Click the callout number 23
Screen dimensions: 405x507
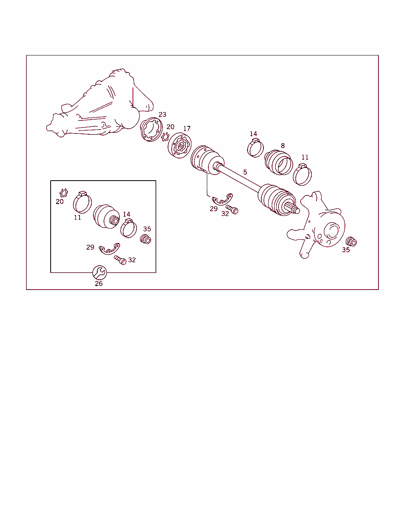tap(163, 114)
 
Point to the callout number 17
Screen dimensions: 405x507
tap(187, 129)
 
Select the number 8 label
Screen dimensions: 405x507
tap(283, 146)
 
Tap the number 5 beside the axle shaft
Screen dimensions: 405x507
tap(245, 172)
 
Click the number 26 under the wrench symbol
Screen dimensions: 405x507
tap(99, 284)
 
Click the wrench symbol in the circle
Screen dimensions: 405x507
tap(100, 273)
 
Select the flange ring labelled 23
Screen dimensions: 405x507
tap(151, 130)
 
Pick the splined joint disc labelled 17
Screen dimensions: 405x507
tap(180, 145)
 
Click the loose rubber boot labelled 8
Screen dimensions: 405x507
tap(279, 162)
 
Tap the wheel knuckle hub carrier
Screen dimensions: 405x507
tap(316, 225)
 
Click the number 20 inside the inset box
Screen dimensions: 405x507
tap(60, 202)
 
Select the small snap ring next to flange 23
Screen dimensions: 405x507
tap(165, 137)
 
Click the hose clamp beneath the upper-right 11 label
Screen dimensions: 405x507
tap(303, 174)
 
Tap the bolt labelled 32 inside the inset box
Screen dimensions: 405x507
tap(120, 260)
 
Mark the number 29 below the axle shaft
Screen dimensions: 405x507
tap(214, 209)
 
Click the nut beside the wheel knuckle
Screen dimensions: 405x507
tap(351, 242)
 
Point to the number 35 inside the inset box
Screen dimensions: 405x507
tap(147, 229)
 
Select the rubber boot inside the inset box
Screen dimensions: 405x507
tap(106, 217)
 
